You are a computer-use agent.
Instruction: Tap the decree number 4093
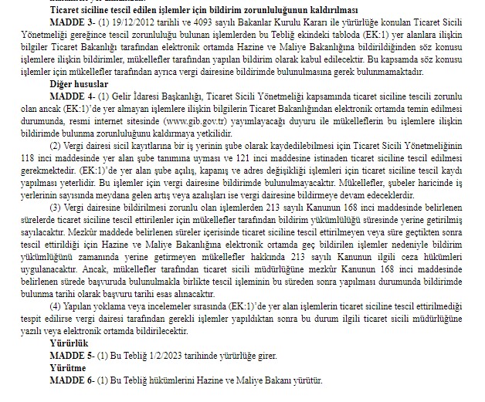[x=190, y=22]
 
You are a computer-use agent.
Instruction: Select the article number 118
[x=33, y=157]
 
